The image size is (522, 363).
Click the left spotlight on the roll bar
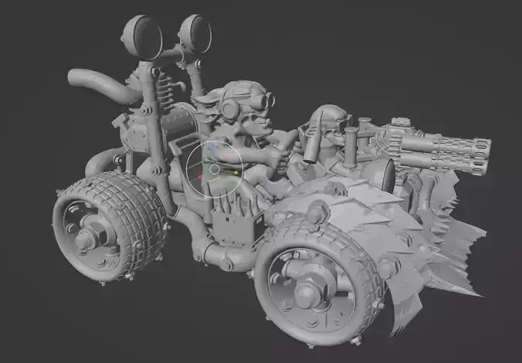click(142, 34)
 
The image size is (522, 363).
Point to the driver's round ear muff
click(229, 110)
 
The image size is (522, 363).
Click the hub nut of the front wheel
click(308, 291)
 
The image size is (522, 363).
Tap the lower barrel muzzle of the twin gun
click(480, 166)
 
